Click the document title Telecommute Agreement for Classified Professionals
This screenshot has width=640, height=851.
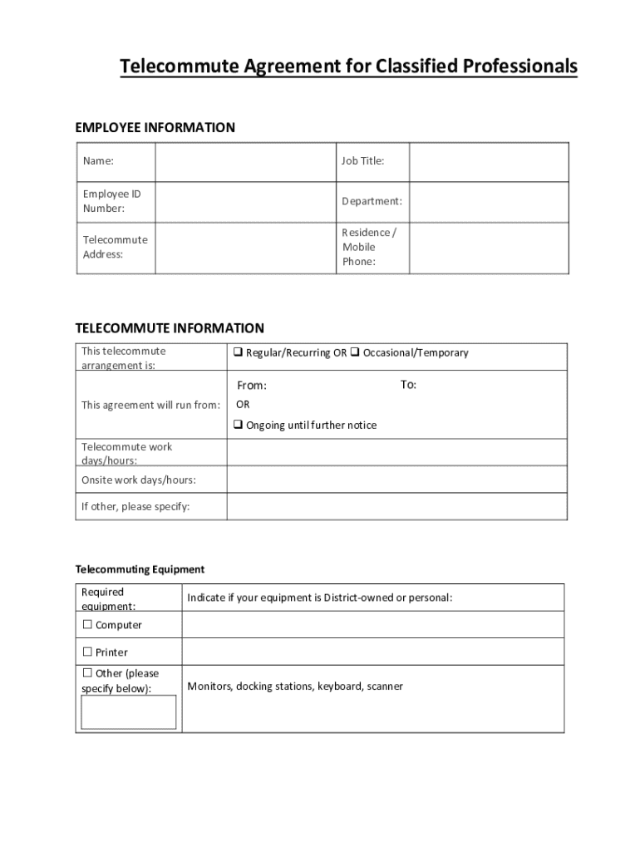pyautogui.click(x=348, y=66)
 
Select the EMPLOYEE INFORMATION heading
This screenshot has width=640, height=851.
pyautogui.click(x=155, y=127)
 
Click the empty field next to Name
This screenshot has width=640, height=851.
pyautogui.click(x=244, y=161)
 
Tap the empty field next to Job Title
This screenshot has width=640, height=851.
pyautogui.click(x=489, y=161)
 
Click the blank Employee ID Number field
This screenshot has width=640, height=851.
pyautogui.click(x=244, y=201)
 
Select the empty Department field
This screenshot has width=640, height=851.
pyautogui.click(x=489, y=201)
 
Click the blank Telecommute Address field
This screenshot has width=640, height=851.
pyautogui.click(x=244, y=248)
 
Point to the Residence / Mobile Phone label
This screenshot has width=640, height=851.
pyautogui.click(x=368, y=247)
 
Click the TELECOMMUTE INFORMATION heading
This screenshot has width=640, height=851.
pyautogui.click(x=170, y=328)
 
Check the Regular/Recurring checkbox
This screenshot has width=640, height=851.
pyautogui.click(x=238, y=352)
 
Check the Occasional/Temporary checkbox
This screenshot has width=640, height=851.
pyautogui.click(x=354, y=352)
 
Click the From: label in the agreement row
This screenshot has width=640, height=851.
pyautogui.click(x=252, y=386)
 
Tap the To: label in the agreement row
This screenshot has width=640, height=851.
pyautogui.click(x=408, y=385)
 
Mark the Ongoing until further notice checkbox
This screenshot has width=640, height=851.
pyautogui.click(x=238, y=425)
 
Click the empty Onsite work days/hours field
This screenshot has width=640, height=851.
pyautogui.click(x=396, y=480)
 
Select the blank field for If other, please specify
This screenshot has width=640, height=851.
pyautogui.click(x=396, y=506)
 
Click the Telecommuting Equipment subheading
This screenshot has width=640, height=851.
pyautogui.click(x=140, y=569)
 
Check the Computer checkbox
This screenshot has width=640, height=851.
pyautogui.click(x=86, y=625)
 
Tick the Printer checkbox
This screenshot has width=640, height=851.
pyautogui.click(x=86, y=652)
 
